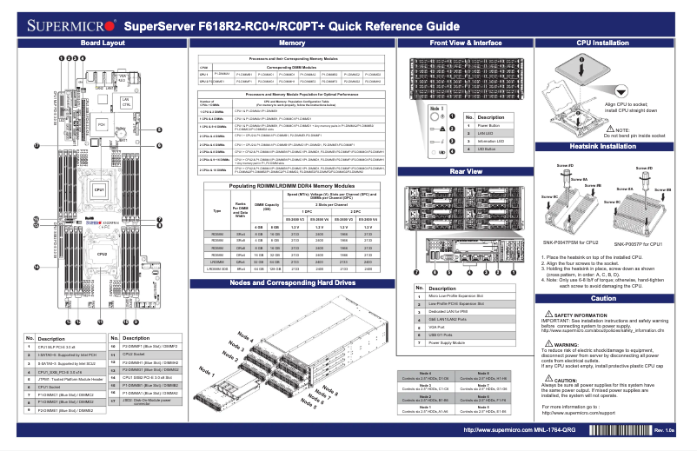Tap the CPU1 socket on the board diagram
100,189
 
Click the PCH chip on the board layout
101,125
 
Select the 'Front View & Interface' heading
465,43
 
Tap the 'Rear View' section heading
465,173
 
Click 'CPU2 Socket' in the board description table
135,355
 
